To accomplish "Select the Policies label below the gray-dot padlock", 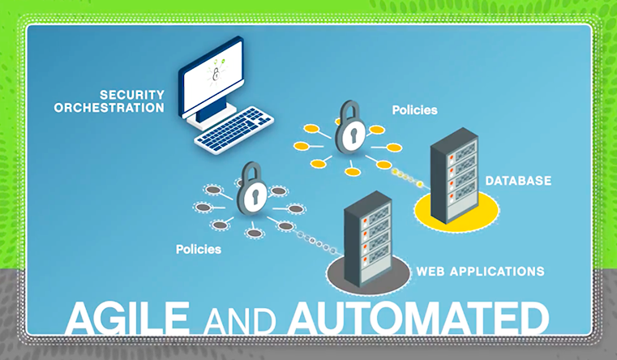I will coord(199,248).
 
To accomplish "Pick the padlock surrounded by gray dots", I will coord(251,191).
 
